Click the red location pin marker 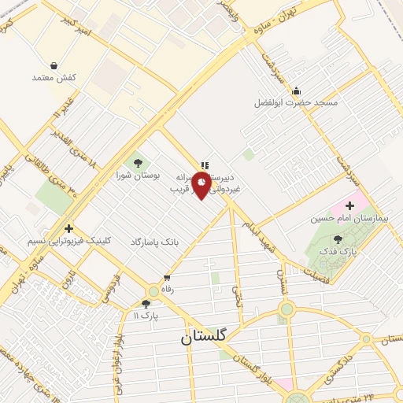coord(203,185)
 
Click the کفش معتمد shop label coord(54,78)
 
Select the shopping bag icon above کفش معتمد coord(54,65)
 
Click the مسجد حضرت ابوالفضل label coord(295,102)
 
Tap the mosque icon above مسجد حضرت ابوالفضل coord(295,90)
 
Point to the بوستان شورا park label coord(139,175)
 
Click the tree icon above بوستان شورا coord(139,162)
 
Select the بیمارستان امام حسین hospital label coord(349,218)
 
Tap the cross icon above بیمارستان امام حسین coord(350,205)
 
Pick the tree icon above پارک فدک coord(338,238)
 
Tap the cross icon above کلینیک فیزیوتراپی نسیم coord(69,228)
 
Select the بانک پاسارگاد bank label coord(155,242)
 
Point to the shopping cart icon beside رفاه coord(166,278)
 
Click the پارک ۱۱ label coord(146,316)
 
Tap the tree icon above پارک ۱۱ coord(146,304)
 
